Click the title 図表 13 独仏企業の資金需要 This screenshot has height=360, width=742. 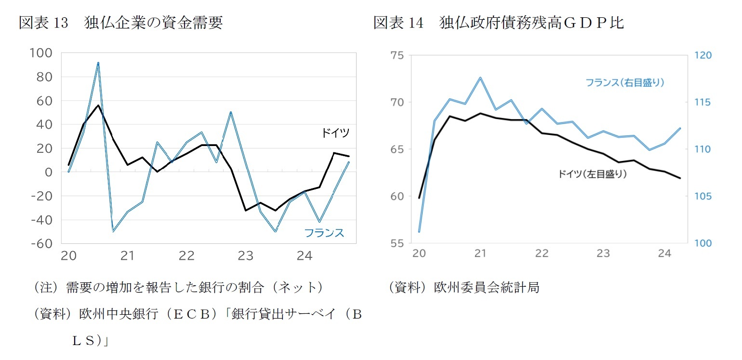pyautogui.click(x=120, y=23)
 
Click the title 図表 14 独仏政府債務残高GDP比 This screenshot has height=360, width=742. pyautogui.click(x=499, y=23)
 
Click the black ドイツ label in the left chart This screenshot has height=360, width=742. pyautogui.click(x=335, y=133)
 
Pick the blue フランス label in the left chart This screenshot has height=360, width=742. pyautogui.click(x=324, y=233)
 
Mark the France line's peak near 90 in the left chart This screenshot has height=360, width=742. pyautogui.click(x=98, y=63)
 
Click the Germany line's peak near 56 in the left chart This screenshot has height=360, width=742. pyautogui.click(x=98, y=105)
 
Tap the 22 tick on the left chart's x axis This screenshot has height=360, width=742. pyautogui.click(x=186, y=256)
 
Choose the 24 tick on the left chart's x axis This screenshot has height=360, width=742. pyautogui.click(x=305, y=256)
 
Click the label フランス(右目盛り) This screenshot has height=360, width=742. pyautogui.click(x=625, y=82)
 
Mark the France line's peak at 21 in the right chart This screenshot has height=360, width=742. pyautogui.click(x=480, y=78)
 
